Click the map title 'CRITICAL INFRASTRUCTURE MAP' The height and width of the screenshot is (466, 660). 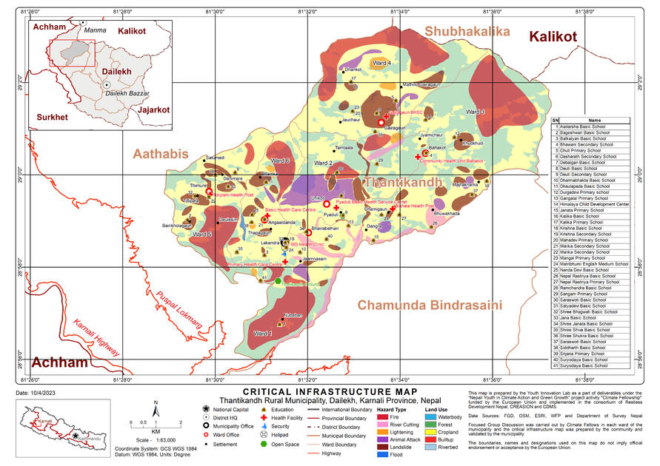pos(330,391)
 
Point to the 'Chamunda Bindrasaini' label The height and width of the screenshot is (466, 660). pos(430,305)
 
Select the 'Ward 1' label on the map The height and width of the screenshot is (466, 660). pos(263,334)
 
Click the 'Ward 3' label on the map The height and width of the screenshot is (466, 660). pos(475,112)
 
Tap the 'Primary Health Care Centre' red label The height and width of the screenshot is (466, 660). pos(254,263)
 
